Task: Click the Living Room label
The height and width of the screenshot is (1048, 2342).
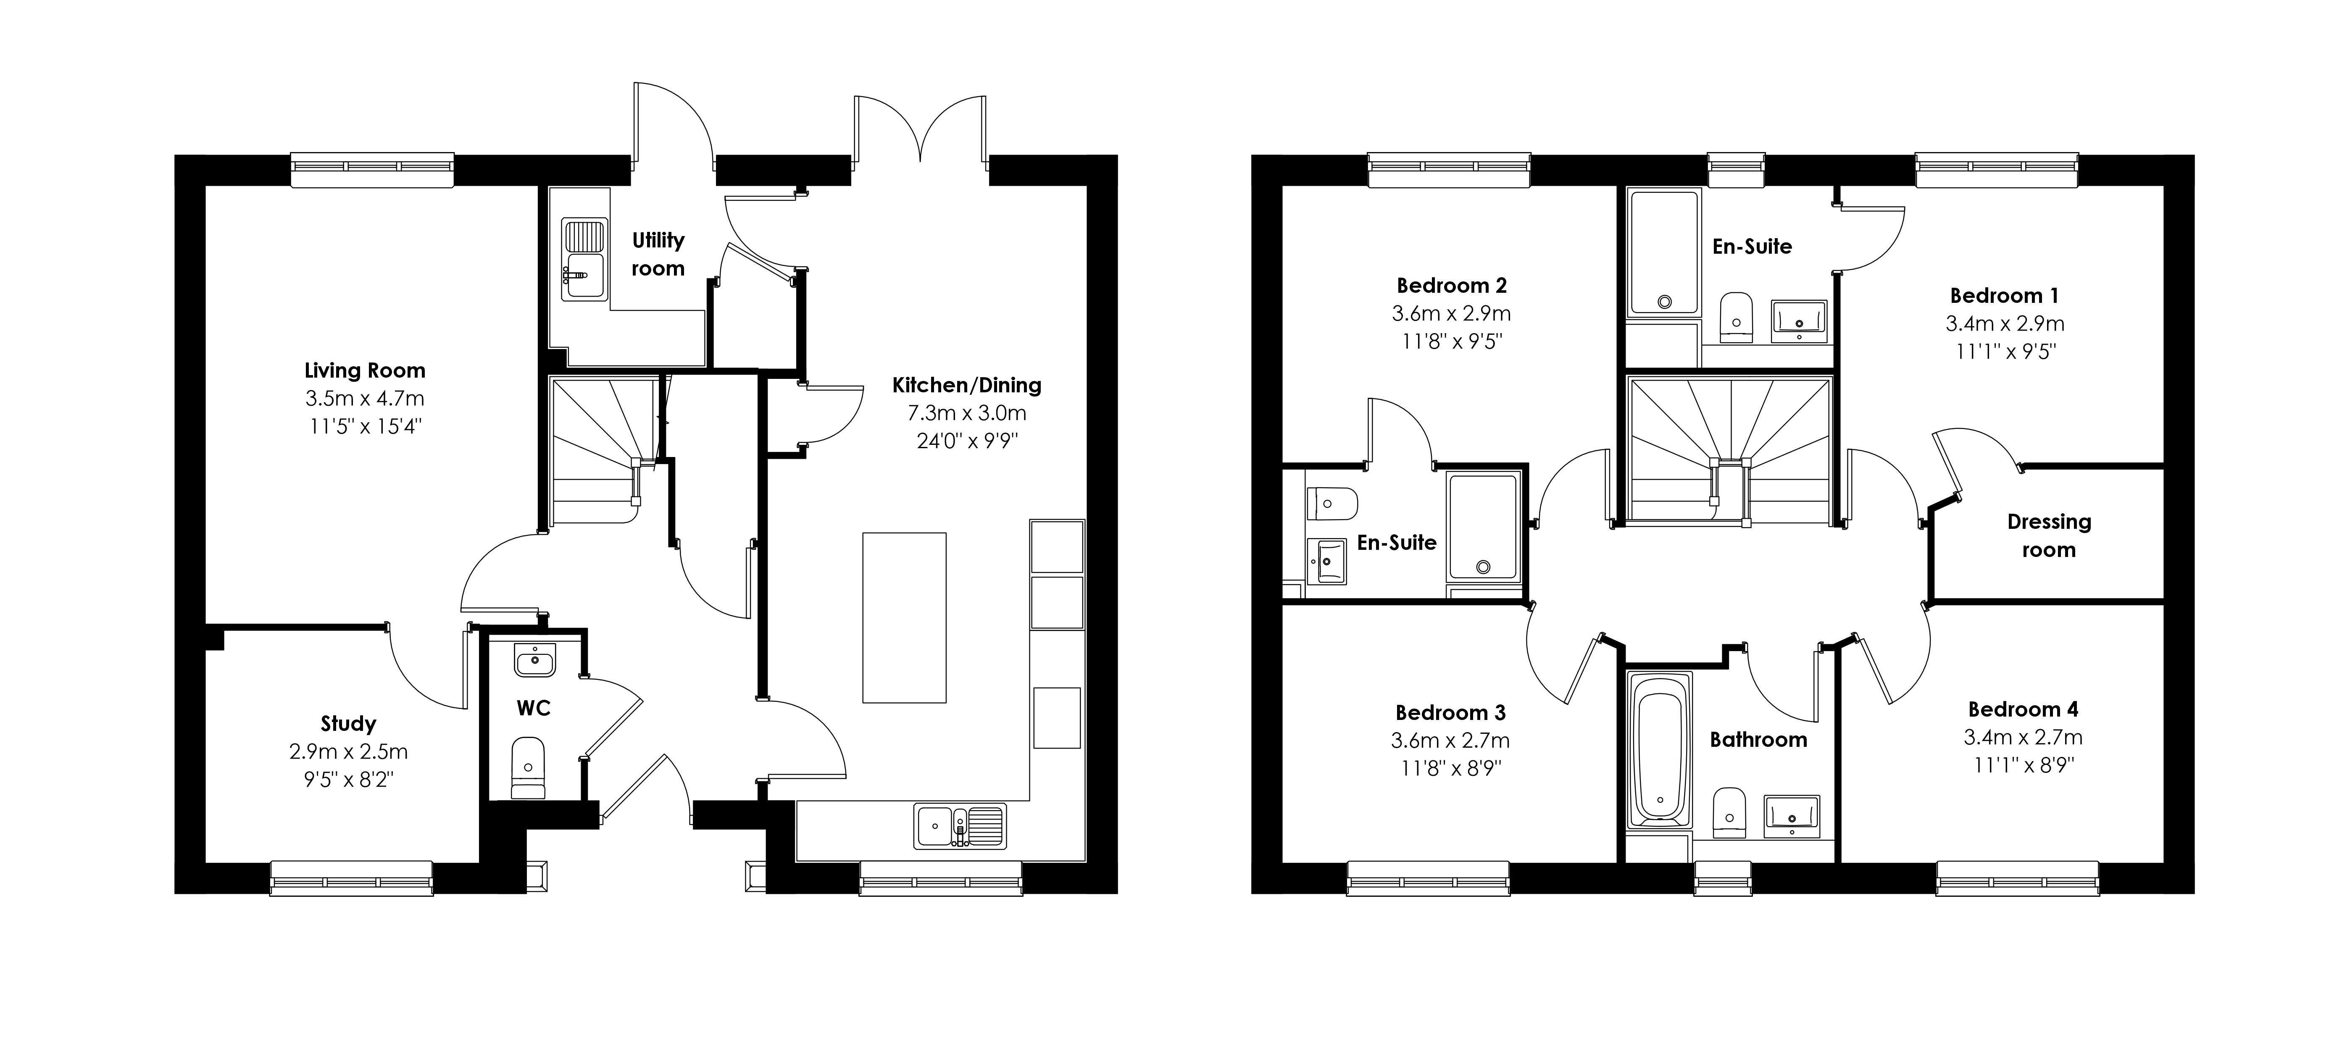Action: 365,371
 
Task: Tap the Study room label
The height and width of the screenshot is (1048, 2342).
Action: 348,723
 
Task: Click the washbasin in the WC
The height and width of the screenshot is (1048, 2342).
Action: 534,660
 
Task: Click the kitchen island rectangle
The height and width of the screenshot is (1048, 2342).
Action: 905,618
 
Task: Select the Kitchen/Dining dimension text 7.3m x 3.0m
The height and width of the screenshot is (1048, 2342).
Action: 966,414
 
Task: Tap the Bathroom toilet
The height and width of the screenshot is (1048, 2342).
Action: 1729,812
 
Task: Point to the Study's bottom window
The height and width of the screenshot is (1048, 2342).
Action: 352,878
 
